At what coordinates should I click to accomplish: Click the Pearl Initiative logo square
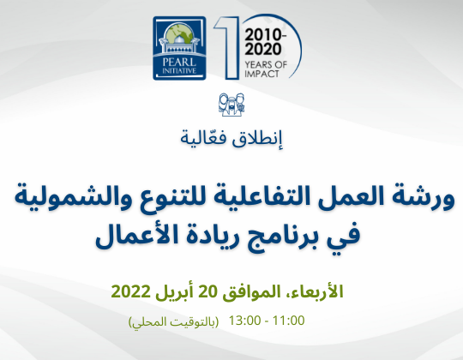[179, 48]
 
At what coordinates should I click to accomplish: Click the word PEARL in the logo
[179, 63]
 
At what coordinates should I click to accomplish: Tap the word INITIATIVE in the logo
[179, 71]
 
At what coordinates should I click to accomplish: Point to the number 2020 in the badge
[263, 49]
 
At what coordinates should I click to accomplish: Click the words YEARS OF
[266, 64]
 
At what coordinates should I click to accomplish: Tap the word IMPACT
[262, 74]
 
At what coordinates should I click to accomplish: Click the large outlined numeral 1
[226, 47]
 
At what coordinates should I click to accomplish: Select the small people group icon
[231, 105]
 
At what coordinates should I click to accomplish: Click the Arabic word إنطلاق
[257, 139]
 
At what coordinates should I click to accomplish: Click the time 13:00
[244, 321]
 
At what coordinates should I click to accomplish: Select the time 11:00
[288, 321]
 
